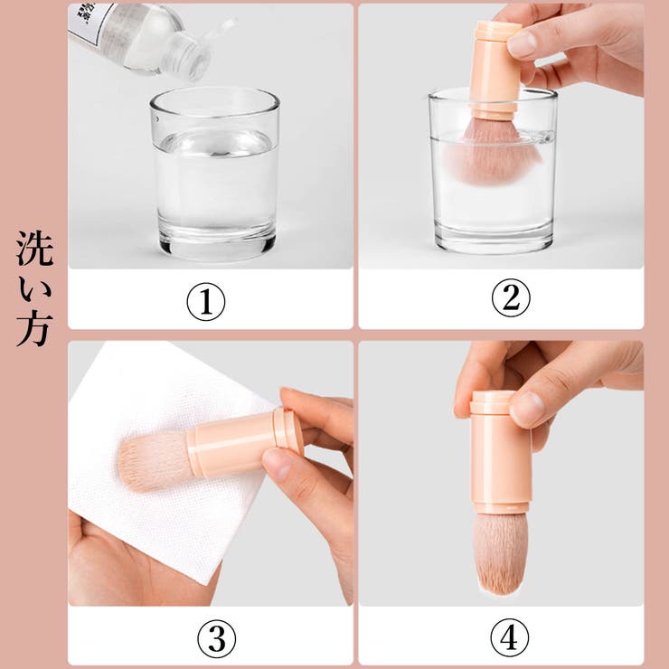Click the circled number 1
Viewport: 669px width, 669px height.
point(205,303)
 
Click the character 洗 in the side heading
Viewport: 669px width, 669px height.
point(34,250)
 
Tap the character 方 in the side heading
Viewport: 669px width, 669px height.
point(34,330)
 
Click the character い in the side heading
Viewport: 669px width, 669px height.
point(34,290)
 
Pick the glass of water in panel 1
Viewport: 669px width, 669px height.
point(214,176)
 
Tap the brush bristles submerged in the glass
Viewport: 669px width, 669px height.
point(492,155)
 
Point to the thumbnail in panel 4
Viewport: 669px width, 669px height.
point(528,407)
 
